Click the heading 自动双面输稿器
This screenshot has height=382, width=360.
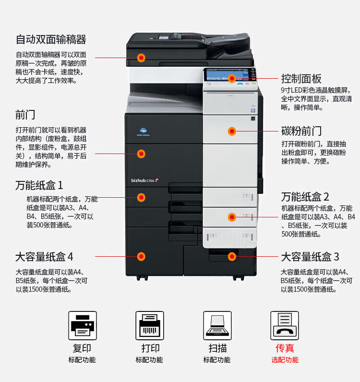(51, 39)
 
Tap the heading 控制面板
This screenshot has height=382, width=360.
(301, 79)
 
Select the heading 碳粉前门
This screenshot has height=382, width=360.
(301, 131)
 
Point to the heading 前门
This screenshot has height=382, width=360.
(25, 115)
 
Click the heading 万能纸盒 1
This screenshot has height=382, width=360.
(39, 185)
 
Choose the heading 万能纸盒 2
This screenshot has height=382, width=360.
(305, 197)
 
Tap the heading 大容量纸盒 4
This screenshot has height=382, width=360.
(44, 257)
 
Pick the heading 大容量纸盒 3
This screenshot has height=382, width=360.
(310, 257)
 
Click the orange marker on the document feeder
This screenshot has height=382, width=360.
(141, 58)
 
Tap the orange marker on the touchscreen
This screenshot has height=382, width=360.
(232, 78)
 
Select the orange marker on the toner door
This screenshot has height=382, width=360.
(232, 131)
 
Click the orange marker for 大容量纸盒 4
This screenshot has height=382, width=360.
(141, 257)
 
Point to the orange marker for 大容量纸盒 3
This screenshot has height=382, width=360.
(232, 257)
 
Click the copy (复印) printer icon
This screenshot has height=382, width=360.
(83, 325)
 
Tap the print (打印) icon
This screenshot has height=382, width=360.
(150, 325)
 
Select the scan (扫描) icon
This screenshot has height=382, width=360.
(217, 325)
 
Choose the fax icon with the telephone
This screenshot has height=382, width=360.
(285, 325)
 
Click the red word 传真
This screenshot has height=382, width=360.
(285, 348)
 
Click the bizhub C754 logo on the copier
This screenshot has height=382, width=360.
(145, 180)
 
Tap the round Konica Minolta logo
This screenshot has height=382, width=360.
(144, 131)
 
